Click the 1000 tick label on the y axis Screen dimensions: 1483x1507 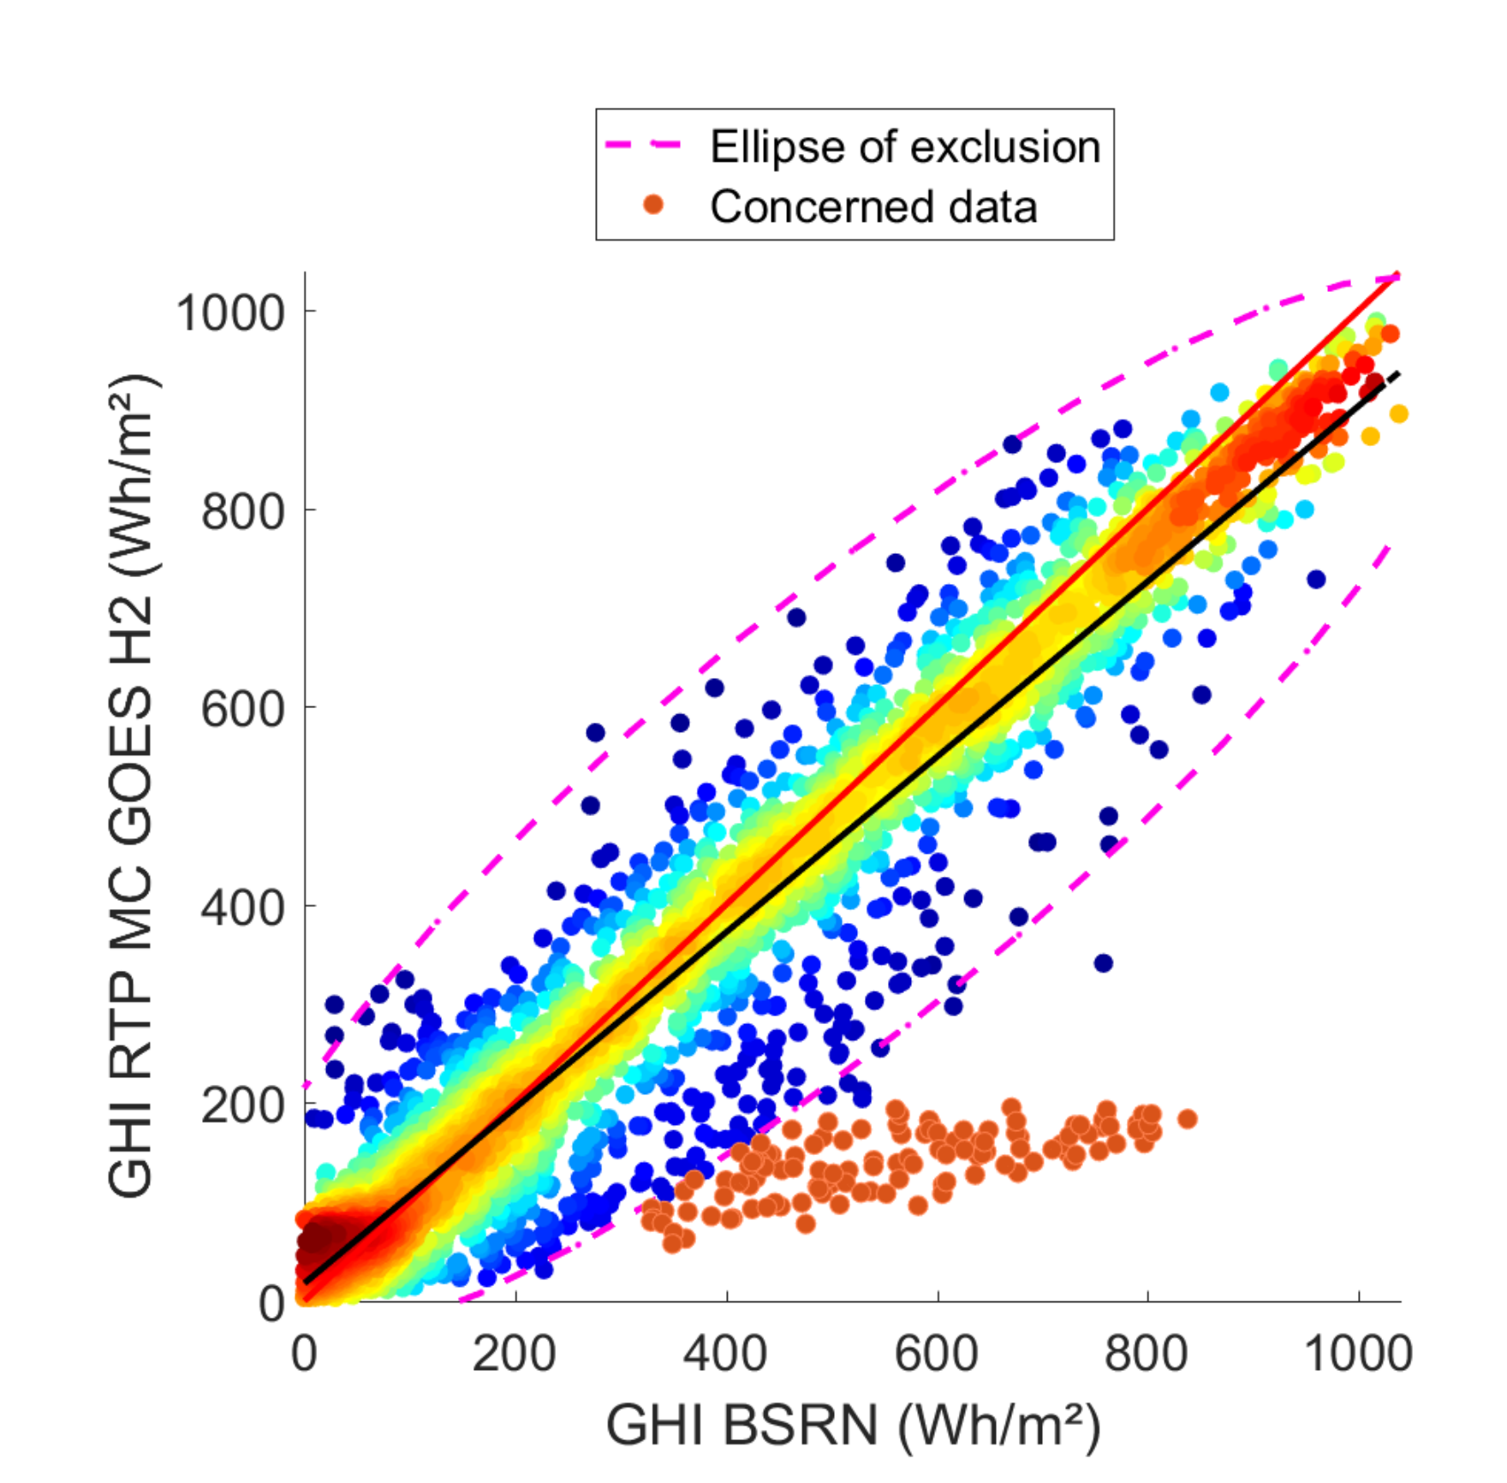click(229, 313)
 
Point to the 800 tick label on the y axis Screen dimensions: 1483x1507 click(242, 511)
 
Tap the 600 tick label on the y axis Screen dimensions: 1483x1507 click(242, 709)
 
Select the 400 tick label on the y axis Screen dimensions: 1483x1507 click(242, 907)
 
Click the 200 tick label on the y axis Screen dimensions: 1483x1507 click(242, 1105)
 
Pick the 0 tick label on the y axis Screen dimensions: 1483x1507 click(271, 1303)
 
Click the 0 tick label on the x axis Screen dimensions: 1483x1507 click(304, 1355)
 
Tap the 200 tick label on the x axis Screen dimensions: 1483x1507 click(515, 1355)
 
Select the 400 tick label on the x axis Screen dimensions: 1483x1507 click(726, 1355)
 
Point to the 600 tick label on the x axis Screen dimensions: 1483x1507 click(937, 1355)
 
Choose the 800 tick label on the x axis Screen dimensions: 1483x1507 click(1147, 1355)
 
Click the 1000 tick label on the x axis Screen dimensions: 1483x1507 click(1358, 1355)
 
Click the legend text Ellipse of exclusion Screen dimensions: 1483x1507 click(905, 147)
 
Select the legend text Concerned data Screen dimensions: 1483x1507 click(873, 207)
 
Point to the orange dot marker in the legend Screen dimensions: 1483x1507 click(653, 205)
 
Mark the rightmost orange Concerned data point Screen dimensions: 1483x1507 click(1187, 1118)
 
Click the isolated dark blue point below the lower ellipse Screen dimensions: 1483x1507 click(1104, 963)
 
